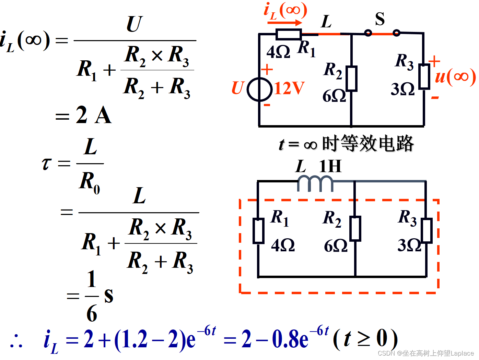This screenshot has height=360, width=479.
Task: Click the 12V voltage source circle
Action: coord(260,89)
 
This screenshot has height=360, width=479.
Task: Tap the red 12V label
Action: coord(289,88)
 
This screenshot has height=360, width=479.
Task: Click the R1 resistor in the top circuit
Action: coord(288,34)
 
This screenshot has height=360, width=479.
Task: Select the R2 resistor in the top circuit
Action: coord(351,79)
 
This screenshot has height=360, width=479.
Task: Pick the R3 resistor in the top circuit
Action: coord(424,76)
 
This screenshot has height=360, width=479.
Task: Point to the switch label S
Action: coord(379,19)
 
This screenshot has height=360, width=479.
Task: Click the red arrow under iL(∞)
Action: coord(285,23)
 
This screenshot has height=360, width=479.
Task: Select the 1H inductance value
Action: coord(330,167)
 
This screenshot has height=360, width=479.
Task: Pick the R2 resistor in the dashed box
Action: coord(355,228)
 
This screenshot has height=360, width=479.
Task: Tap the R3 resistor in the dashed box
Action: coord(427,230)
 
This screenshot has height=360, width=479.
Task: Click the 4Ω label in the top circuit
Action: coord(278,52)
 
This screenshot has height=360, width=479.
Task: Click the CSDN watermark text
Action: coord(425,353)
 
